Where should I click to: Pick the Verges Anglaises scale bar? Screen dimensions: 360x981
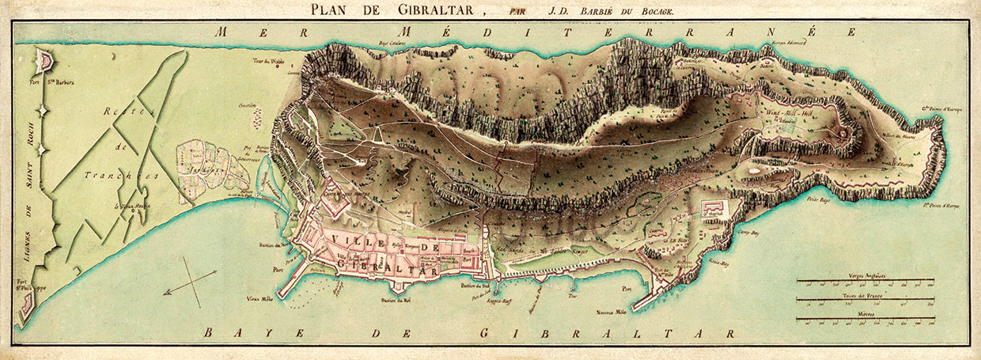point(865,280)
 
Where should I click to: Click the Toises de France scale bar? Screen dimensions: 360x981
point(865,300)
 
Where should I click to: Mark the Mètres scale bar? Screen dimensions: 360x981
point(865,320)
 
